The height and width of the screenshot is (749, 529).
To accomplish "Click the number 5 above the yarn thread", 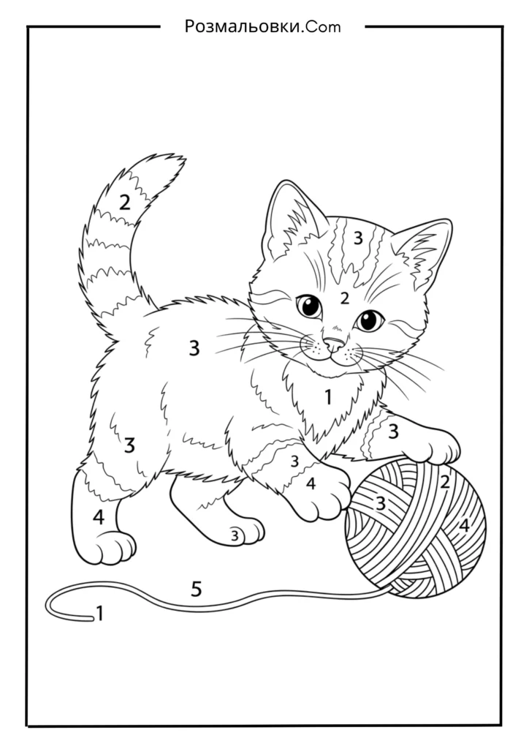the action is click(x=196, y=589).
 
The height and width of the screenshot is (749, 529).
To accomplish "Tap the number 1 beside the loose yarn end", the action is click(x=99, y=614).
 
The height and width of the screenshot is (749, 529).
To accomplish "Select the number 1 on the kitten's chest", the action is click(x=328, y=396).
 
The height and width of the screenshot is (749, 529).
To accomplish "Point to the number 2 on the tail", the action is click(x=124, y=203).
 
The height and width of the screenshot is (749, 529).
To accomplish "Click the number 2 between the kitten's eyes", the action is click(x=344, y=298).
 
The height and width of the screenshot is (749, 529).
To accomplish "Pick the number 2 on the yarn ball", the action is click(x=445, y=482).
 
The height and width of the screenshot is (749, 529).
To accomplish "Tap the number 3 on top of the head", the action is click(x=358, y=238).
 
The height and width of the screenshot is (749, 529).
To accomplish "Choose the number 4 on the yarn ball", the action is click(x=464, y=526).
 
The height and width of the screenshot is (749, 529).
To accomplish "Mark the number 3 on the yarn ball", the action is click(x=380, y=503).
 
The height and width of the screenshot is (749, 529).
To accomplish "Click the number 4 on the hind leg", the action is click(x=98, y=517).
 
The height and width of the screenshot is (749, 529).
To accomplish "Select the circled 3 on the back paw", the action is click(x=235, y=536).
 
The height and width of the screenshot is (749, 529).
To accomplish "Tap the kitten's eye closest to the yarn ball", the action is click(x=369, y=320).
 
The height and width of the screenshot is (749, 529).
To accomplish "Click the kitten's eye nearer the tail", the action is click(x=309, y=306).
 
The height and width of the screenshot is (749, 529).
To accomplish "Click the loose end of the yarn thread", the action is click(x=91, y=620).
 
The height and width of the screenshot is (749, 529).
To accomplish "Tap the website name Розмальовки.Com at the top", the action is click(x=263, y=27).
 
